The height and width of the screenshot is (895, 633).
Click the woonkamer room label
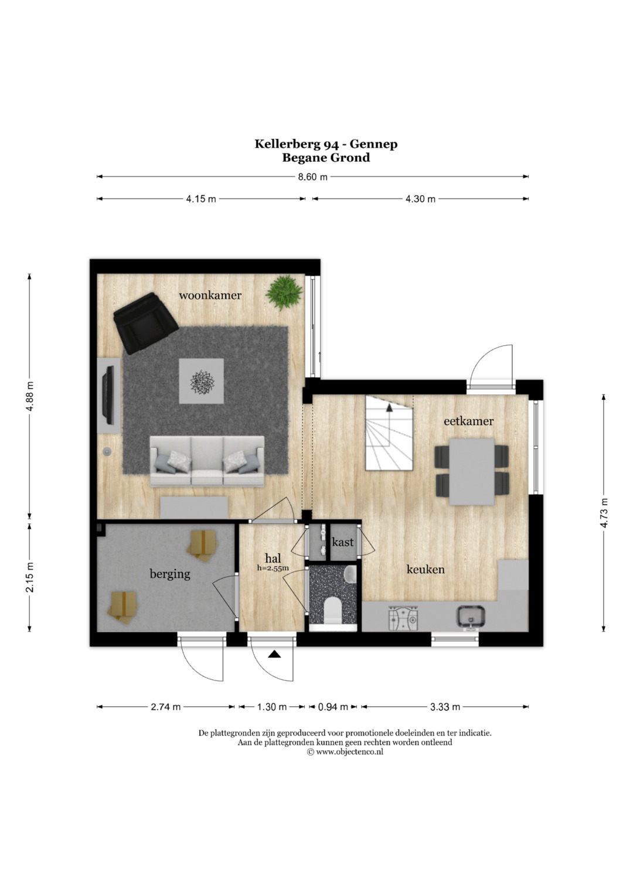coord(210,295)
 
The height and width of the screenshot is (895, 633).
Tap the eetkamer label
coord(468,421)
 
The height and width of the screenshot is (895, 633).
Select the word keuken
coord(426,569)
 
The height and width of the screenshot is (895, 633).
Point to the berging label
coord(170,574)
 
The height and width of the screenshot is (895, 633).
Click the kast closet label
coord(342,542)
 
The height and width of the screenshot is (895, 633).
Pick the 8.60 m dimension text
coord(312,177)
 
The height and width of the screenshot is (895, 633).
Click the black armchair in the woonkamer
coord(145,323)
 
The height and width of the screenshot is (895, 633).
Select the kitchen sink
coord(471,617)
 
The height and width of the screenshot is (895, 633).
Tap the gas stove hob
coord(403,618)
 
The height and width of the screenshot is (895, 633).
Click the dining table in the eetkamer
coord(472,472)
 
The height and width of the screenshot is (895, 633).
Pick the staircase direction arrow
coord(389,407)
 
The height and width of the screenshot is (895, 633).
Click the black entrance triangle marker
coord(274,654)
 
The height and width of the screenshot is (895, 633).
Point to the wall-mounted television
coord(108,396)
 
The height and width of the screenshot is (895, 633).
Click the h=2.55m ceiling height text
coord(273,568)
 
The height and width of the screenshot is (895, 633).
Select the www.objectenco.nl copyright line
coord(345,751)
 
